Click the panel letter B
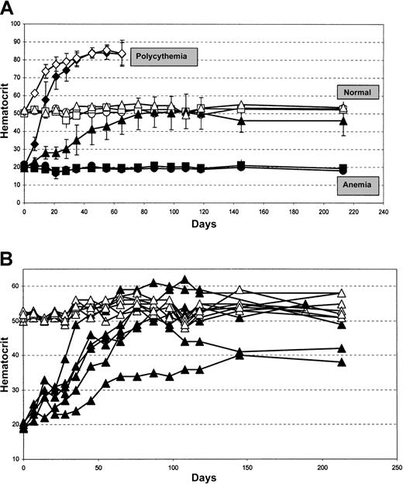pyautogui.click(x=7, y=254)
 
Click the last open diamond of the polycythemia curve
pyautogui.click(x=122, y=53)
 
